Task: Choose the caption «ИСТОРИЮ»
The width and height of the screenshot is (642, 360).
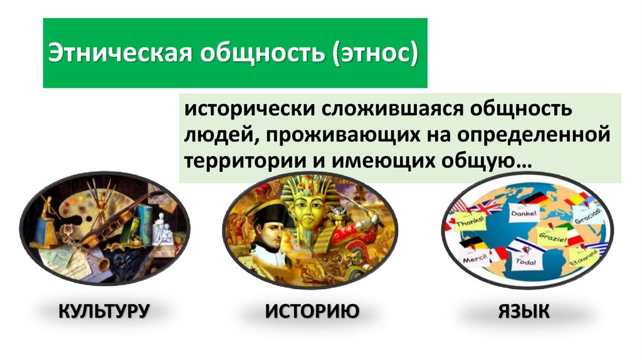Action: click(x=312, y=310)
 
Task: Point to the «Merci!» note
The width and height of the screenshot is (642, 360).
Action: click(x=475, y=258)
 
